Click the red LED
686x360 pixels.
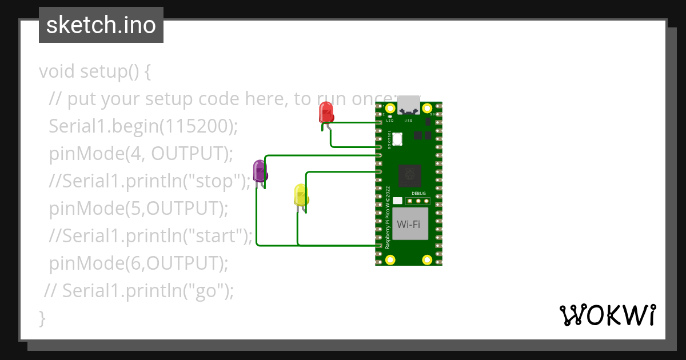pyautogui.click(x=325, y=112)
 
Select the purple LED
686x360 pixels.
pyautogui.click(x=260, y=170)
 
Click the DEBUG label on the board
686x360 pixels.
pyautogui.click(x=418, y=193)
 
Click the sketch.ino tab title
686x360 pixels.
pyautogui.click(x=101, y=25)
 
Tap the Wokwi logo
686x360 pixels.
pyautogui.click(x=607, y=314)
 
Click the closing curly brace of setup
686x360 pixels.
pyautogui.click(x=42, y=318)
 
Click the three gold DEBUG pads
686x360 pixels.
pyautogui.click(x=418, y=201)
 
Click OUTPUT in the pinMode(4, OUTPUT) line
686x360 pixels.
pyautogui.click(x=190, y=154)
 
